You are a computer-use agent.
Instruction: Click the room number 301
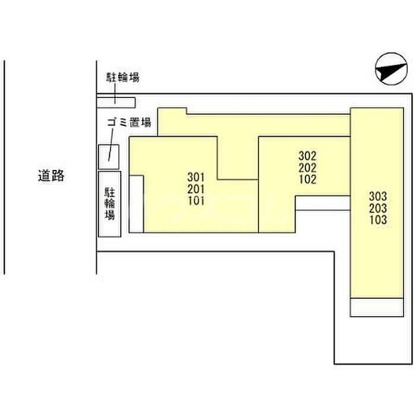tap(196, 177)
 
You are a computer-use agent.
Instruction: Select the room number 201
tap(196, 189)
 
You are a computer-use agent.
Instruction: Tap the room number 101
tap(196, 201)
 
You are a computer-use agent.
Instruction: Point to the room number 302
tap(307, 156)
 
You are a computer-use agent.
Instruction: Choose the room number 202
tap(307, 168)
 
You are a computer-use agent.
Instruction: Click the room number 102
tap(307, 179)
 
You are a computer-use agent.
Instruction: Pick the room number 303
tap(378, 196)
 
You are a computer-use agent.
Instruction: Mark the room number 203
tap(378, 208)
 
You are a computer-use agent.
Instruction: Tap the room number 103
tap(378, 220)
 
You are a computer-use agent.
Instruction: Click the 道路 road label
tap(51, 176)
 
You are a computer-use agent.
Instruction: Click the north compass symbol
tap(391, 69)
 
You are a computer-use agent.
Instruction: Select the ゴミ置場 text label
tap(129, 122)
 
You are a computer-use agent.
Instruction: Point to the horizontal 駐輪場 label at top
tap(123, 77)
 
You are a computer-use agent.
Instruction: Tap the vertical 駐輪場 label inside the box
tap(109, 203)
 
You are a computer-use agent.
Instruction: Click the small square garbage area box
tap(109, 157)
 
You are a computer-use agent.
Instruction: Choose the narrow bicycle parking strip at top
tap(116, 103)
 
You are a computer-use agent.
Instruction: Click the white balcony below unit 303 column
tap(377, 307)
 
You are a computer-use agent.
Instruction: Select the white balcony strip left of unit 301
tap(136, 204)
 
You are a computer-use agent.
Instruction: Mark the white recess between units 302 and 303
tap(323, 203)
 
